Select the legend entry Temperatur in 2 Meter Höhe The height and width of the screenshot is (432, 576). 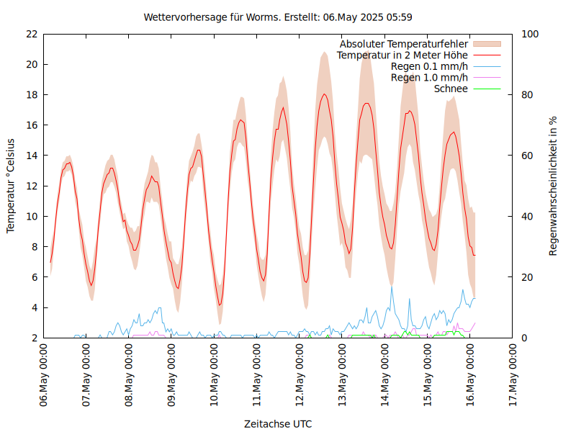(402, 55)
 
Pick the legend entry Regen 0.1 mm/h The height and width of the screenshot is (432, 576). (429, 66)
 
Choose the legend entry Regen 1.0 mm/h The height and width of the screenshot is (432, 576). (429, 78)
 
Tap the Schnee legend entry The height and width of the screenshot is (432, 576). (451, 89)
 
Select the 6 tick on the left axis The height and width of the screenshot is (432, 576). (34, 277)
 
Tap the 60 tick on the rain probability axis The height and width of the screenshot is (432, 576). (528, 156)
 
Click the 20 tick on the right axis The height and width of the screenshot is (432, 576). (528, 277)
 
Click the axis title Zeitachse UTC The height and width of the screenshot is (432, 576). (278, 423)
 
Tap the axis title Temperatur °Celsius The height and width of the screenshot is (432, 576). (11, 185)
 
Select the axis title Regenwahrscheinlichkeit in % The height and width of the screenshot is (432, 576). (554, 185)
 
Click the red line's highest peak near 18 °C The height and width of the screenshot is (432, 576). (325, 94)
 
